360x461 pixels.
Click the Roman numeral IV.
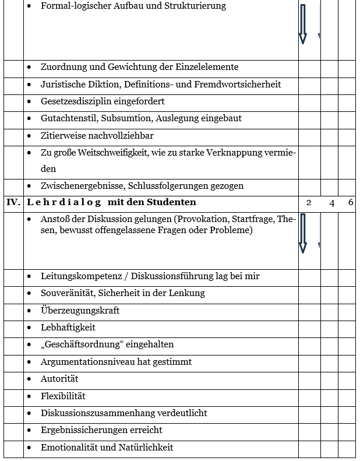(13, 203)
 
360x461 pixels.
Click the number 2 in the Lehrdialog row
(309, 203)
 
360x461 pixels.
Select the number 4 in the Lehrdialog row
(332, 203)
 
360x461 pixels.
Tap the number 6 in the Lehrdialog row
(350, 203)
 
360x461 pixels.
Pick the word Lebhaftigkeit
(68, 328)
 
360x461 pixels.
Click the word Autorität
(59, 379)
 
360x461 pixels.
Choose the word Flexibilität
(63, 396)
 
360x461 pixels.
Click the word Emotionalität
(70, 448)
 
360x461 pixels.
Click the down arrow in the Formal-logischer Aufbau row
(302, 24)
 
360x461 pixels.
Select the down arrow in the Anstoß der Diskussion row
(302, 233)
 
